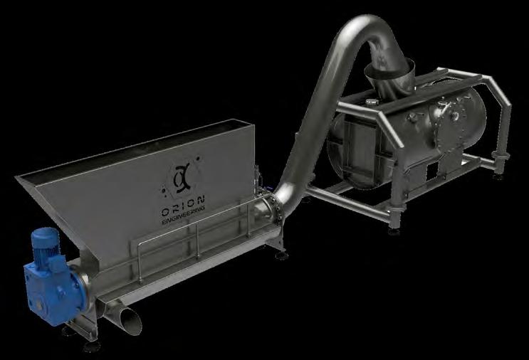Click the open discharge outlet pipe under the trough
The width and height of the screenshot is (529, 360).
(130, 320)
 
